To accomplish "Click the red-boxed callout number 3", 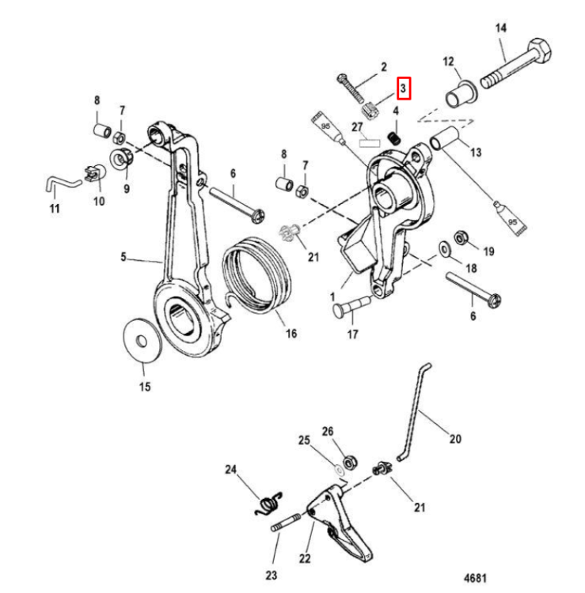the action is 403,89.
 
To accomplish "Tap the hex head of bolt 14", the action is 539,52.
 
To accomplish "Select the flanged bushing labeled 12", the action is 460,94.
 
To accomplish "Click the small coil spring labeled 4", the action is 394,138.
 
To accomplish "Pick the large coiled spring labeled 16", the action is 256,274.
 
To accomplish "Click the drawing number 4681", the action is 475,578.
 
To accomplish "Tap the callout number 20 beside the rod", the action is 455,439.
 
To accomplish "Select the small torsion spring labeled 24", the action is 269,504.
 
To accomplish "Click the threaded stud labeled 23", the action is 286,522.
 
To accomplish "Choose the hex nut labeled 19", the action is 461,237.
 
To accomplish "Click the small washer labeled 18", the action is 443,249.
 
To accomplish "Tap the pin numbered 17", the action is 351,307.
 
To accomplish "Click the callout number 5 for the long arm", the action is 123,257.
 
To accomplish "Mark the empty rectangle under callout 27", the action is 369,143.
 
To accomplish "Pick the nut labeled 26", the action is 349,463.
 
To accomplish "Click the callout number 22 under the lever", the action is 305,558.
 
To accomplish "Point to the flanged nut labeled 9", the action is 121,158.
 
